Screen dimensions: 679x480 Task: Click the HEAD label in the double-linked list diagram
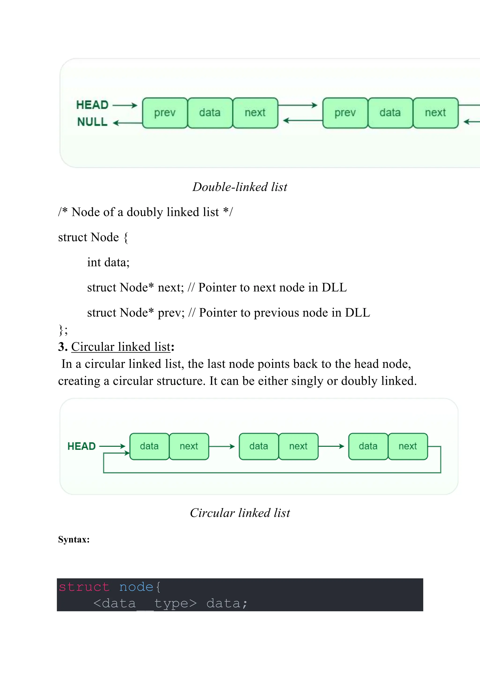[92, 105]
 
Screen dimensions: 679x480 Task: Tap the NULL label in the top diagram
[92, 122]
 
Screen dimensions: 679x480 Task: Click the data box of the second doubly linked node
[390, 113]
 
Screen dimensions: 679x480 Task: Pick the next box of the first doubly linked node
[255, 113]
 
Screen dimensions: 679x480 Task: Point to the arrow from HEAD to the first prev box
[125, 105]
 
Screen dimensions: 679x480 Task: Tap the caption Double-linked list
[240, 187]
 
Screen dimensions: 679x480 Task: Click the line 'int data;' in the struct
[108, 262]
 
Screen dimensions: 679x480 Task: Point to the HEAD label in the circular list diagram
[82, 446]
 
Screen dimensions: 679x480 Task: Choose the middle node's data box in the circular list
[259, 446]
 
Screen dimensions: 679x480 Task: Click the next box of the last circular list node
[408, 446]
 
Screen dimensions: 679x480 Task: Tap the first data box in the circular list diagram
[149, 446]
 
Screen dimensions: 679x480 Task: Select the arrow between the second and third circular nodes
[331, 446]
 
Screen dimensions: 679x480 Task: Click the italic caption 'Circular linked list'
[240, 513]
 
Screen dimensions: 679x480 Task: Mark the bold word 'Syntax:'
[74, 539]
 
